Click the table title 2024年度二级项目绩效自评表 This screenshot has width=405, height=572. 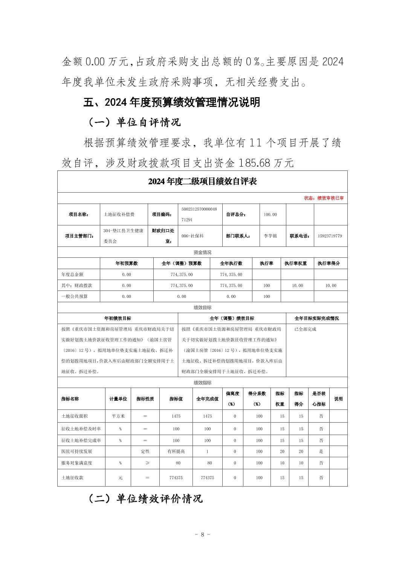pyautogui.click(x=202, y=181)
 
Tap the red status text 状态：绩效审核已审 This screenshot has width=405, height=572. pyautogui.click(x=324, y=198)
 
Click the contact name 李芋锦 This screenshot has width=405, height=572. pyautogui.click(x=270, y=236)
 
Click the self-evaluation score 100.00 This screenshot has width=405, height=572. pyautogui.click(x=270, y=214)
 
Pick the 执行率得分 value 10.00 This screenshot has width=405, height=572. pyautogui.click(x=330, y=286)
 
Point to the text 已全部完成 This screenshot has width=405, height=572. pyautogui.click(x=305, y=329)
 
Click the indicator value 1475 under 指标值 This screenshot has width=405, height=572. pyautogui.click(x=176, y=416)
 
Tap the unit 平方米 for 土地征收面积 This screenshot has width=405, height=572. pyautogui.click(x=118, y=416)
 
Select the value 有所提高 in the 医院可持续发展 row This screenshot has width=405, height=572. pyautogui.click(x=176, y=451)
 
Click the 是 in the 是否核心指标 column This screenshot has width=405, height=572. pyautogui.click(x=321, y=451)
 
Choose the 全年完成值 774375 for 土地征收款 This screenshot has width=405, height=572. pyautogui.click(x=207, y=478)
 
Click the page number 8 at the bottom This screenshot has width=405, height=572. pyautogui.click(x=202, y=534)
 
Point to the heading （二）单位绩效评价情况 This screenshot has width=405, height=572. pyautogui.click(x=145, y=499)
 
